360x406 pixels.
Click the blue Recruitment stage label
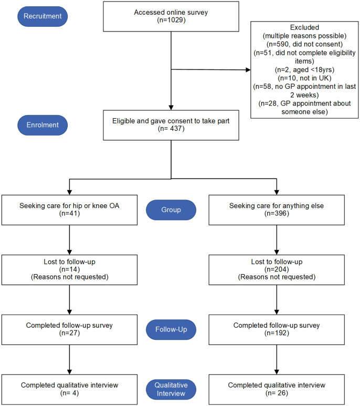(43, 16)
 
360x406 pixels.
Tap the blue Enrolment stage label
(43, 125)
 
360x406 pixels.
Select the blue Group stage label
(171, 210)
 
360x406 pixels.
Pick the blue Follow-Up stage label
(171, 329)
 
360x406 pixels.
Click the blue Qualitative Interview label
(171, 389)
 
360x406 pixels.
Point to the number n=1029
(171, 20)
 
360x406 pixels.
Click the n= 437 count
(171, 129)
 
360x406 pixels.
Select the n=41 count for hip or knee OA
(69, 213)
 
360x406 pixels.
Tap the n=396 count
(277, 213)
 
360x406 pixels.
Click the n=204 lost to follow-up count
(277, 269)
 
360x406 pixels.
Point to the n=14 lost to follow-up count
(69, 269)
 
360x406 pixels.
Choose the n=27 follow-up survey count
(69, 332)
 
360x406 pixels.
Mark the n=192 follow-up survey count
(277, 332)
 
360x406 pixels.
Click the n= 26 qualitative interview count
(277, 393)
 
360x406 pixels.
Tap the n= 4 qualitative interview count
(69, 393)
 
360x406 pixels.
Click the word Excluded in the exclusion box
(304, 27)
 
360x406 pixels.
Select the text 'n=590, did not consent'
(304, 44)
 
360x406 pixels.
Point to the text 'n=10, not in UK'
(304, 78)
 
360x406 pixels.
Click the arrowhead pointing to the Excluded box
(248, 70)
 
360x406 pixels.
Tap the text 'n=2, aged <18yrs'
(304, 70)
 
